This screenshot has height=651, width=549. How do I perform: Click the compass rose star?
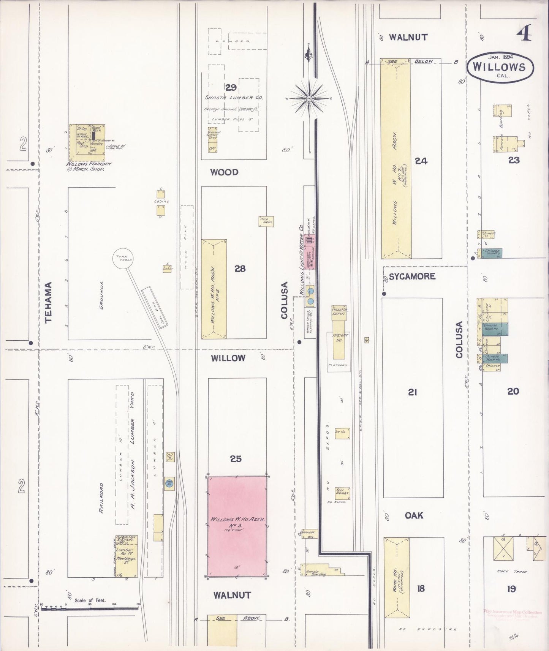click(309, 98)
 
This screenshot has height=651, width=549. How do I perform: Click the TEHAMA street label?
click(49, 302)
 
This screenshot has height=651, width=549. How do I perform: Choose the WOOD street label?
click(224, 172)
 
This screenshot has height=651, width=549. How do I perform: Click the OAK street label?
click(414, 515)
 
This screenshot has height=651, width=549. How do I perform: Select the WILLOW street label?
click(228, 358)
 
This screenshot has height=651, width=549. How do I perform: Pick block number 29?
click(231, 88)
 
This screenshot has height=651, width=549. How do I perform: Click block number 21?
click(413, 392)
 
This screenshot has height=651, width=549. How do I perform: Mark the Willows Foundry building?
click(87, 142)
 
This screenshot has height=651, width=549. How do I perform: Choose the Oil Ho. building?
click(170, 457)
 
